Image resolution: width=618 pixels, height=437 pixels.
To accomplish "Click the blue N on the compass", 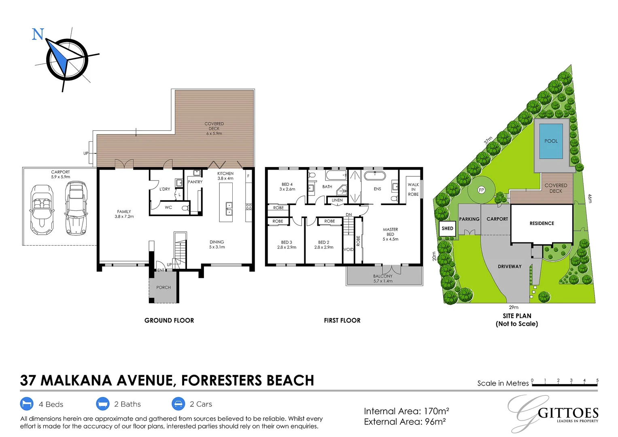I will pyautogui.click(x=38, y=34).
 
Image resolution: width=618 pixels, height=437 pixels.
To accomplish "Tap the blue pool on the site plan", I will pyautogui.click(x=551, y=141).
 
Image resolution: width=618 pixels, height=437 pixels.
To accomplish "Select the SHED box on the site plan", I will pyautogui.click(x=447, y=229).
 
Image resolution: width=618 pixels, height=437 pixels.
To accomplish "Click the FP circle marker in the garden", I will pyautogui.click(x=481, y=190).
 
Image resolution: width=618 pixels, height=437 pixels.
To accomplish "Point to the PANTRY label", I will pyautogui.click(x=195, y=182).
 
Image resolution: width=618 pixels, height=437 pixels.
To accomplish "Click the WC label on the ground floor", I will pyautogui.click(x=168, y=208).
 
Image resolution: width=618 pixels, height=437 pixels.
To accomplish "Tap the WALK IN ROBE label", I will pyautogui.click(x=413, y=189).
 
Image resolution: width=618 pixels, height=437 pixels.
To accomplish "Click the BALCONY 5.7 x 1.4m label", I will pyautogui.click(x=383, y=278).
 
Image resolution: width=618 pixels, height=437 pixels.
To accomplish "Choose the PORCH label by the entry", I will pyautogui.click(x=164, y=288).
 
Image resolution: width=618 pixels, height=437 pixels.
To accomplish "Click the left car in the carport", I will pyautogui.click(x=42, y=209).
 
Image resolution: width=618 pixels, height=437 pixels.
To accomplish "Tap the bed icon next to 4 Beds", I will pyautogui.click(x=27, y=404).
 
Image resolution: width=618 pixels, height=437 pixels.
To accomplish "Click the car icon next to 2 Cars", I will pyautogui.click(x=178, y=404).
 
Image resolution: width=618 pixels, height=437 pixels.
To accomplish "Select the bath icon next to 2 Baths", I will pyautogui.click(x=103, y=404).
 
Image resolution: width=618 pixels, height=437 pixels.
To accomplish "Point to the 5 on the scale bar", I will pyautogui.click(x=597, y=380).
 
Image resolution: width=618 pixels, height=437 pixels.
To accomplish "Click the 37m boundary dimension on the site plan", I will pyautogui.click(x=488, y=140).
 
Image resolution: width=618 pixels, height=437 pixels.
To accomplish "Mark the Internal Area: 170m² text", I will pyautogui.click(x=406, y=412).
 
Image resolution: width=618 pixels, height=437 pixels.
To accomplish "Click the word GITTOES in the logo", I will pyautogui.click(x=568, y=413).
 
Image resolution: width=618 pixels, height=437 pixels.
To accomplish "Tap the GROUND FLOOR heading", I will pyautogui.click(x=169, y=320).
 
